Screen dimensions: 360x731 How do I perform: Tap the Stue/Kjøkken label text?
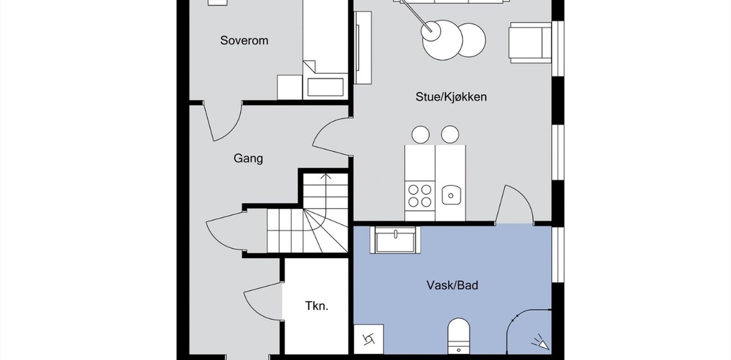pos(451,97)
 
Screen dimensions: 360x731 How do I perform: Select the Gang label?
pos(248,158)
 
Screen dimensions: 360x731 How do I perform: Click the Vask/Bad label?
pos(452,285)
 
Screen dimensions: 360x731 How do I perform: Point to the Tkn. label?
pos(316,306)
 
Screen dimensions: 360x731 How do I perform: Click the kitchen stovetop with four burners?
pos(419,194)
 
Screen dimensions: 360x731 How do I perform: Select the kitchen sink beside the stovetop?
pos(451,195)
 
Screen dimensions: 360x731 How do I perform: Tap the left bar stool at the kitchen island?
pos(420,134)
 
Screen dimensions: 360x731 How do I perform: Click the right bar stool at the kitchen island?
pos(450,134)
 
